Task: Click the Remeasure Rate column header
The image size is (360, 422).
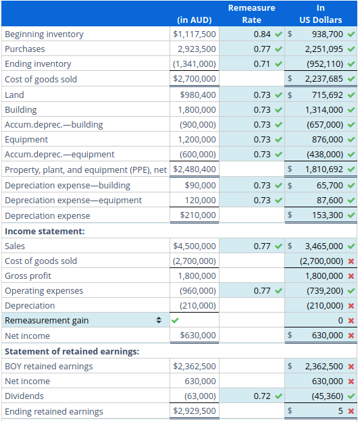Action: [x=251, y=14]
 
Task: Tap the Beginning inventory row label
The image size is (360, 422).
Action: [x=45, y=34]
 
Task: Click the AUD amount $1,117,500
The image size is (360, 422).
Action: [x=195, y=34]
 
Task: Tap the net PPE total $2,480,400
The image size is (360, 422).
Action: [x=195, y=169]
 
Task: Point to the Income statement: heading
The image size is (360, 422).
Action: [x=45, y=231]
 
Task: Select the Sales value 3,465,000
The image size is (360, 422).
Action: [x=324, y=246]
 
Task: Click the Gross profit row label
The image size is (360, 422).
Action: [x=28, y=276]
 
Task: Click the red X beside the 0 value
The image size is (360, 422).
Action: [x=351, y=321]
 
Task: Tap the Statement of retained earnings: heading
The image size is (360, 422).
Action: [x=72, y=351]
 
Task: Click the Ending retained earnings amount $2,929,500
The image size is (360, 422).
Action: [x=195, y=411]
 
